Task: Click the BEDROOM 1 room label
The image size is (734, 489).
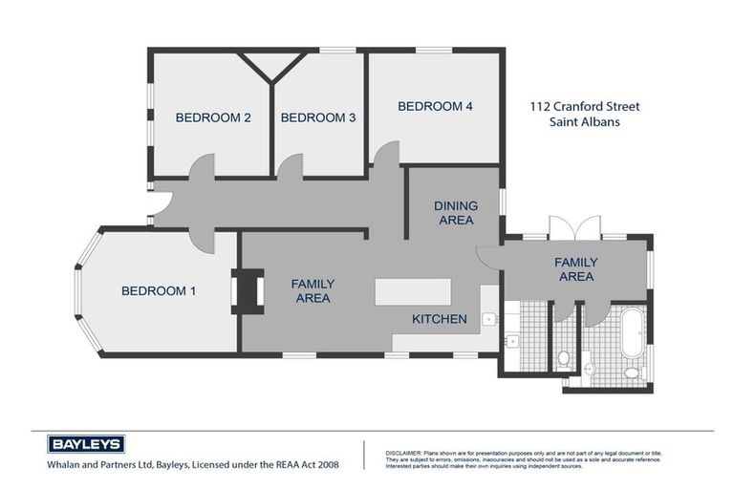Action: point(158,291)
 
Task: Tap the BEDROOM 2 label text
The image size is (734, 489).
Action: point(213,118)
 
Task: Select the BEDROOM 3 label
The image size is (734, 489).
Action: point(317,118)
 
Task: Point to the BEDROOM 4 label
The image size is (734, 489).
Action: point(435,107)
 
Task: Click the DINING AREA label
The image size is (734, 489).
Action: point(455,213)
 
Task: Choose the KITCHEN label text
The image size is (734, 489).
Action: point(439,319)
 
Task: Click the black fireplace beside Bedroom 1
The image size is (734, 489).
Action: point(248,291)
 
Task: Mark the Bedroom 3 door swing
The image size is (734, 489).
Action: point(290,168)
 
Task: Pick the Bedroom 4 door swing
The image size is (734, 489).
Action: point(386,156)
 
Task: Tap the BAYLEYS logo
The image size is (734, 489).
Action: point(86,445)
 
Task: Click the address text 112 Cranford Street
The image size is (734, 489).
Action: point(584,107)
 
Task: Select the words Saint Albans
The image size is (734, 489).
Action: point(584,122)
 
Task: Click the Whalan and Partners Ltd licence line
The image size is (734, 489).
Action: point(192,465)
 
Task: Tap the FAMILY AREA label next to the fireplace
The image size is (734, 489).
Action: point(312,291)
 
